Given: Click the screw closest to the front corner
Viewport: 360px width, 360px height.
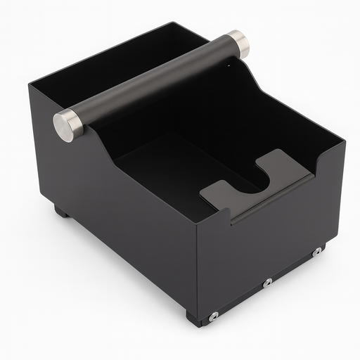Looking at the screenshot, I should click(213, 316).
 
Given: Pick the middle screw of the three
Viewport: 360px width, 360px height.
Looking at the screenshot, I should click(267, 283).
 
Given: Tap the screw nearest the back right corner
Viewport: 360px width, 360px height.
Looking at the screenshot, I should click(317, 251).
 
